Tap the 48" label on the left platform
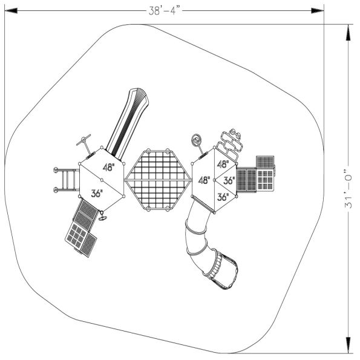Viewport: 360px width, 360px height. pos(108,168)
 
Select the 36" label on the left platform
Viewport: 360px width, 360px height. pos(97,194)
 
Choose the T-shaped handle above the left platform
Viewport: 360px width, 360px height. pos(84,142)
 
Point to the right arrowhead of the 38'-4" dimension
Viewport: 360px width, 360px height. pos(318,10)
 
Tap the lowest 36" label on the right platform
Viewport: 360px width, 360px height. pos(222,197)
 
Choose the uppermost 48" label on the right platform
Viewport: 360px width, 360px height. pos(223,164)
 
